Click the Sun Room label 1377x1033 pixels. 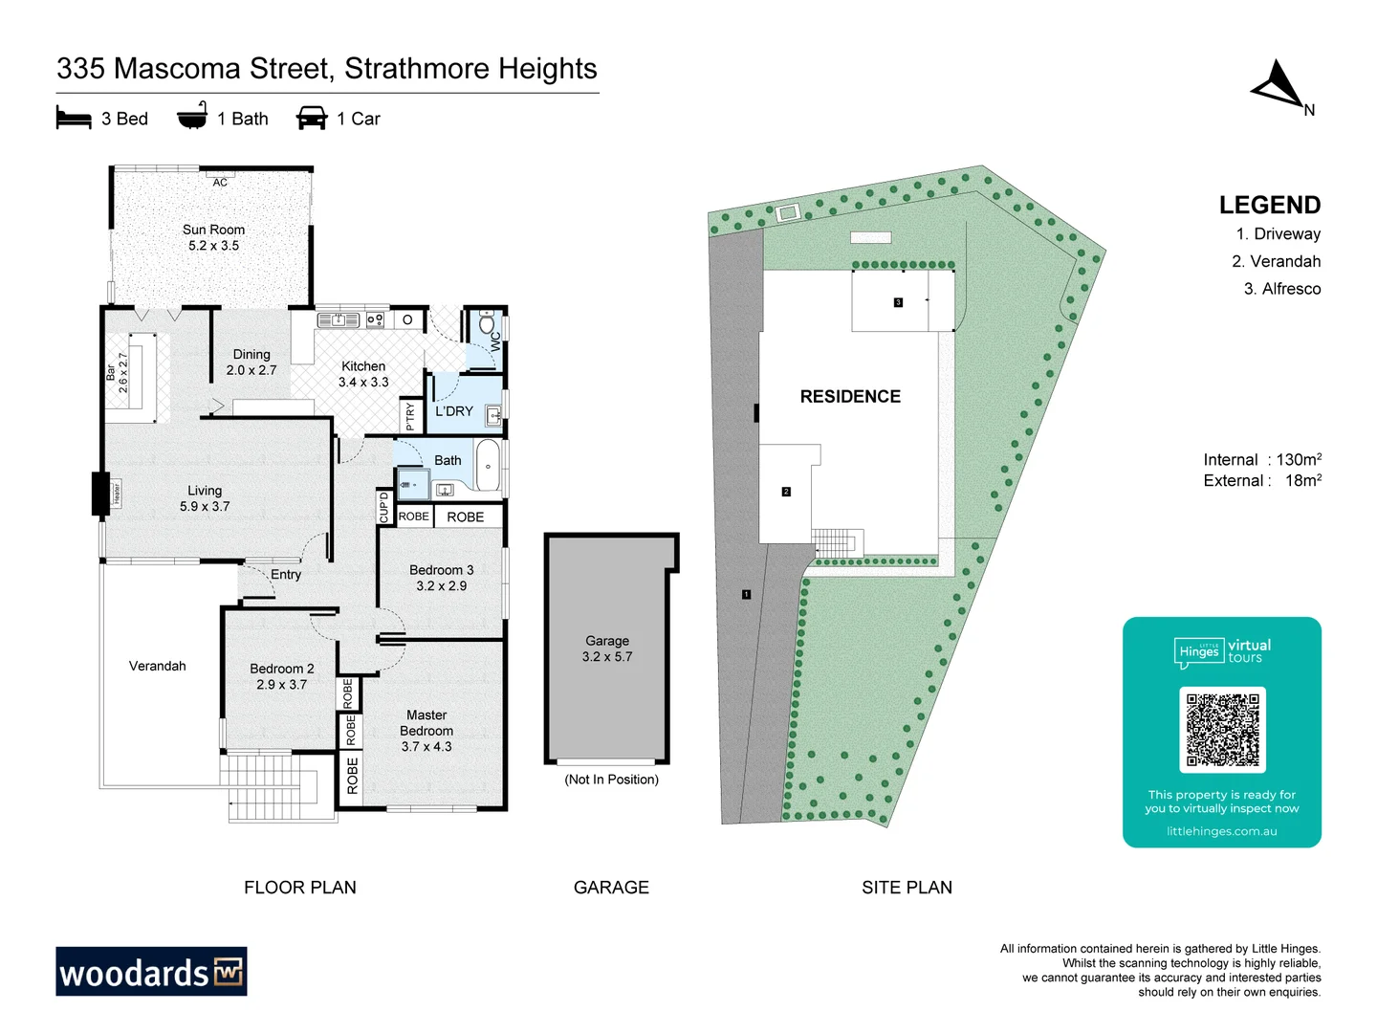point(213,230)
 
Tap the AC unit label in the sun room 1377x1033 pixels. point(220,183)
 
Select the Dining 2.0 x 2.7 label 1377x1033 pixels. point(251,362)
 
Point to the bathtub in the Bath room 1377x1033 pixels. point(488,466)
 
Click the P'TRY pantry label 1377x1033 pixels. point(410,416)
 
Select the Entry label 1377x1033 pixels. point(285,574)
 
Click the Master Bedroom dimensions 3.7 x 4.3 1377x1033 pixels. point(426,747)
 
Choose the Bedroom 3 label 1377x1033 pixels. point(441,570)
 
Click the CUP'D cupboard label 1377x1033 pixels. point(384,507)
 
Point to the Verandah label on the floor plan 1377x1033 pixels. point(158,666)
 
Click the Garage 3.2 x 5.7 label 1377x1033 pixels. point(607,648)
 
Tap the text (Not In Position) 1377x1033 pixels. point(611,780)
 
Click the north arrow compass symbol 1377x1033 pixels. point(1279,86)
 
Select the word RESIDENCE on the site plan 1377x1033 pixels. point(850,396)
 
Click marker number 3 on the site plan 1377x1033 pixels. point(898,302)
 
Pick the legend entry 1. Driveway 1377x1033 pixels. point(1278,233)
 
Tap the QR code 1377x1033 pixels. point(1222,729)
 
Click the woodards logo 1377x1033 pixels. point(151,972)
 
